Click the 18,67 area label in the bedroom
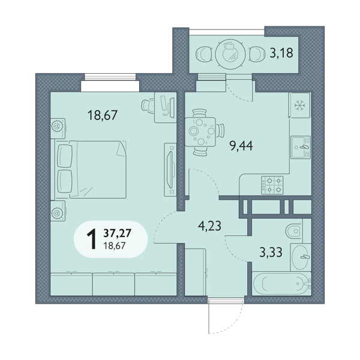pyautogui.click(x=103, y=115)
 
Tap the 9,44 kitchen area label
pyautogui.click(x=241, y=146)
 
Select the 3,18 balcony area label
pyautogui.click(x=281, y=53)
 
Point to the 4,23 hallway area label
pyautogui.click(x=209, y=226)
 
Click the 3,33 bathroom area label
pyautogui.click(x=271, y=252)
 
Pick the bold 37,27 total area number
pyautogui.click(x=118, y=233)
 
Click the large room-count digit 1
pyautogui.click(x=92, y=239)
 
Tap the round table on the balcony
pyautogui.click(x=230, y=54)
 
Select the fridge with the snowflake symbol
pyautogui.click(x=299, y=105)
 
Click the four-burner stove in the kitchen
pyautogui.click(x=272, y=185)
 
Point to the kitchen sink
pyautogui.click(x=301, y=147)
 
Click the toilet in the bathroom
pyautogui.click(x=293, y=230)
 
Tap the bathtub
pyautogui.click(x=281, y=283)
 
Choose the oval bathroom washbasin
pyautogui.click(x=301, y=257)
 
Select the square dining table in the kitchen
pyautogui.click(x=200, y=132)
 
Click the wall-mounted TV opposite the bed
pyautogui.click(x=171, y=170)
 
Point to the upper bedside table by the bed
pyautogui.click(x=58, y=128)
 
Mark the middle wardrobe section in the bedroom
pyautogui.click(x=113, y=284)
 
